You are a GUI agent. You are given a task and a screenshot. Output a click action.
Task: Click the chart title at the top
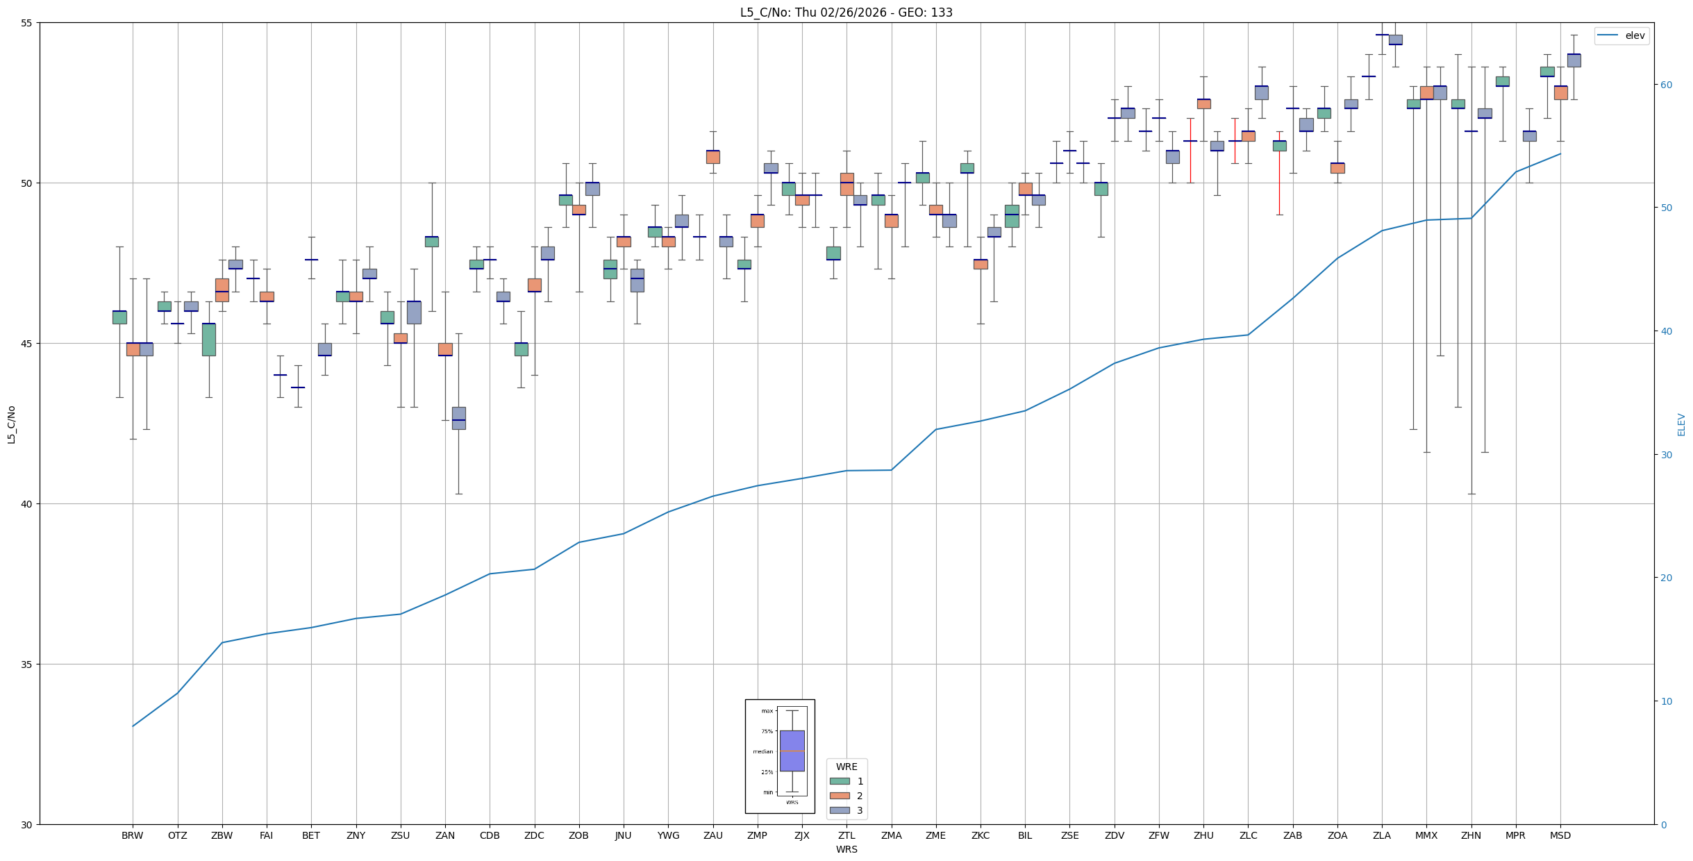point(846,12)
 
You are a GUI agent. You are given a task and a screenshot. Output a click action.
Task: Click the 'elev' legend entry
point(1634,36)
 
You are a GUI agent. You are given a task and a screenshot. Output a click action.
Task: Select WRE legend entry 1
point(860,782)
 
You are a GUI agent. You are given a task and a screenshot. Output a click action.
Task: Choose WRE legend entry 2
point(860,796)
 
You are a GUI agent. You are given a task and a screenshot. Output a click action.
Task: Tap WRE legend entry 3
point(860,811)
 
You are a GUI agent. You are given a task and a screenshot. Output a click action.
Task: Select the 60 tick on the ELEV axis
point(1666,85)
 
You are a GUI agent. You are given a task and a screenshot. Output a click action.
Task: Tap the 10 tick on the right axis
point(1666,701)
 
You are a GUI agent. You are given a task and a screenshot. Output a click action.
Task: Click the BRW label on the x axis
point(132,836)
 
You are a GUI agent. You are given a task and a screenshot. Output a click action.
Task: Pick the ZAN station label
point(445,836)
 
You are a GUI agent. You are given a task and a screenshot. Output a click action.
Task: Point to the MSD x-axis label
point(1560,836)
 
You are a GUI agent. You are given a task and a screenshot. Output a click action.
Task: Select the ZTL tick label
point(847,836)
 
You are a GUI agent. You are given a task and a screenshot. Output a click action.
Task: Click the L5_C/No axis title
point(11,424)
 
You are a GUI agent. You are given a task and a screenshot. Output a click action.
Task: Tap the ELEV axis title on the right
point(1681,424)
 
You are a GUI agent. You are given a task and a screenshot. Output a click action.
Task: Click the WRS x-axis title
point(847,850)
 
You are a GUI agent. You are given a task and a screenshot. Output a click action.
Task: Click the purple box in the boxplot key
point(792,751)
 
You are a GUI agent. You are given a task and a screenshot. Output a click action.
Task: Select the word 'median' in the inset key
point(762,752)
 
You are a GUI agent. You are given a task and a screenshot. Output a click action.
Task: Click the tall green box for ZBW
point(208,340)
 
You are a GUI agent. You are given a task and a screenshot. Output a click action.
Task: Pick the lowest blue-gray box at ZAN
point(458,418)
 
